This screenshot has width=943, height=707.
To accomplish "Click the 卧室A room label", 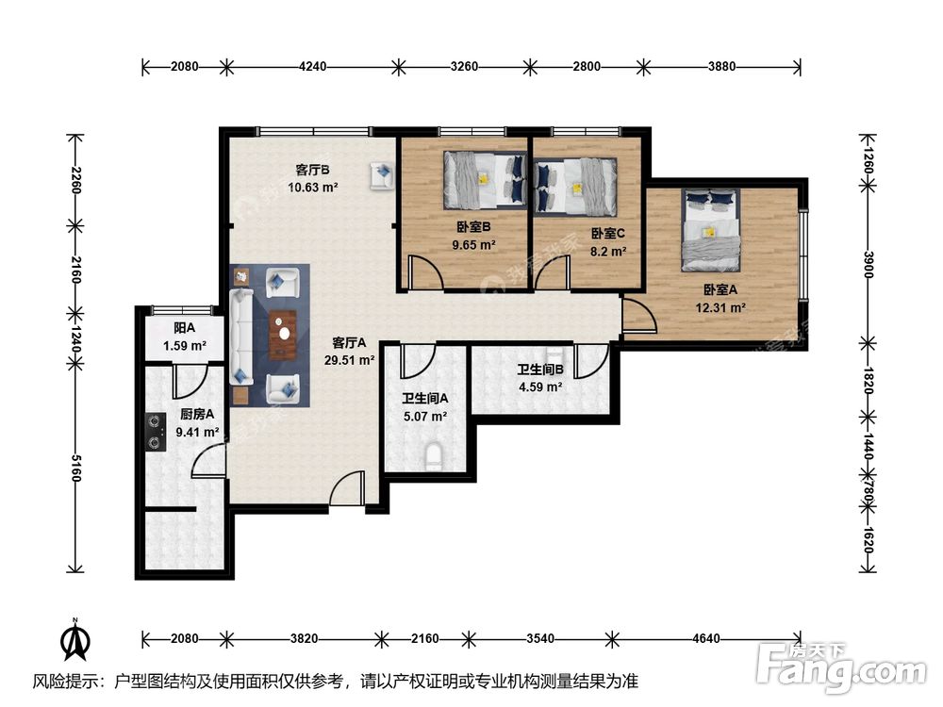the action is click(720, 289).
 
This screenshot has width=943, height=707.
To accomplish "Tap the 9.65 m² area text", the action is click(474, 245).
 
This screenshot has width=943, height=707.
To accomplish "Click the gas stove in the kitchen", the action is click(157, 432).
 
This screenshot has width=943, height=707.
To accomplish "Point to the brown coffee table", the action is click(283, 335).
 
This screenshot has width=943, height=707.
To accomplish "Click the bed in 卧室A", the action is click(710, 230).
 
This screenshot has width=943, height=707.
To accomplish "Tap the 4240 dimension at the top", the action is click(313, 66).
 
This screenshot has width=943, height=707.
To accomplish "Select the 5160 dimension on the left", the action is click(75, 468).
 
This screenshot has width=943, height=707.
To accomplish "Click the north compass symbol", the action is click(75, 640).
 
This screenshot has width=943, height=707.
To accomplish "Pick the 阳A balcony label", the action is click(184, 328).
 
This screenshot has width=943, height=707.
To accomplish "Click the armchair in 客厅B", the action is click(381, 175).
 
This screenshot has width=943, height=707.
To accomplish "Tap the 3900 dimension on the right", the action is click(868, 265).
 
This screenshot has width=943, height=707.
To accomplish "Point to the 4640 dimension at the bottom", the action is click(706, 638).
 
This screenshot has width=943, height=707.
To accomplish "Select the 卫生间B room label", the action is click(540, 370).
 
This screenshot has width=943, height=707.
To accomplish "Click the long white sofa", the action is click(240, 337).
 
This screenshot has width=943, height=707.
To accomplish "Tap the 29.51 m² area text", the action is click(350, 361).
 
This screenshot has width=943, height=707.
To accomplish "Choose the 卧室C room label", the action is click(608, 233).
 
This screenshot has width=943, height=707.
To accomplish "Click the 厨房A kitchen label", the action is click(197, 414).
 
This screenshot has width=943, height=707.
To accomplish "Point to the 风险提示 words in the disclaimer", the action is click(67, 682).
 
